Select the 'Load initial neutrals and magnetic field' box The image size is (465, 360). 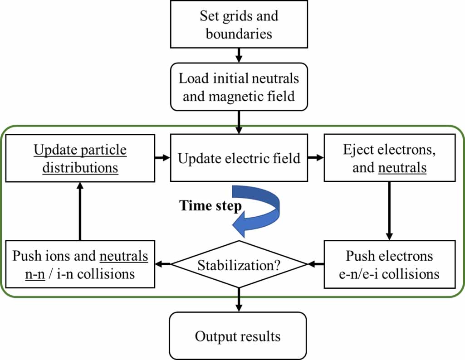pos(239,87)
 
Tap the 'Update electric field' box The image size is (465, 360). pos(239,158)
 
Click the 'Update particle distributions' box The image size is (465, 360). pos(80,158)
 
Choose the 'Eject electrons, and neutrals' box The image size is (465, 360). pos(389,158)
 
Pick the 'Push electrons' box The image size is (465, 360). pos(389,264)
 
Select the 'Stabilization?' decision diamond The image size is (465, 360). pos(239,264)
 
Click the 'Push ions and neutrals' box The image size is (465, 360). pos(80,264)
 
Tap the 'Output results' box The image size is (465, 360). pos(239,336)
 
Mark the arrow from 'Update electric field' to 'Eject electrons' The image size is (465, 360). pos(316,158)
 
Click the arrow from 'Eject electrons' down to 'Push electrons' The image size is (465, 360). pos(389,210)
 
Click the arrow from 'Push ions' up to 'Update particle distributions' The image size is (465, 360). pos(80,210)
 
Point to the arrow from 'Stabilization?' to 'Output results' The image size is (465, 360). pos(239,299)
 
